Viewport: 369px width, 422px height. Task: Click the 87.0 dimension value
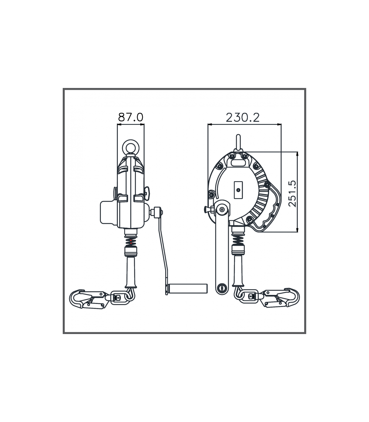coord(130,117)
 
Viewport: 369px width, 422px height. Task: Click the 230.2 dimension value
coord(243,118)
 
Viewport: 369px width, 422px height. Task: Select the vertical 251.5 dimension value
coord(292,193)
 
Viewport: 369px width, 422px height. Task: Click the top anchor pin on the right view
coord(238,142)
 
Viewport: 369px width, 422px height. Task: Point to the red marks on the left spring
coord(131,242)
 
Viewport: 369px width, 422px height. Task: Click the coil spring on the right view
coord(238,240)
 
